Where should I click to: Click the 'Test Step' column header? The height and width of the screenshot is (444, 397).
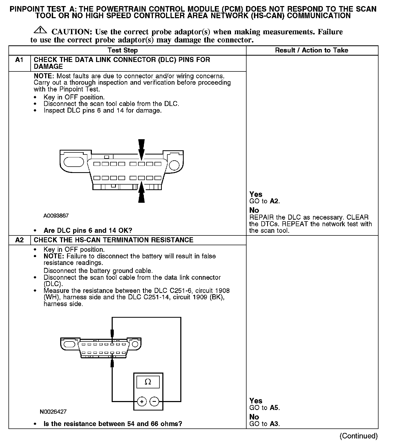pos(122,50)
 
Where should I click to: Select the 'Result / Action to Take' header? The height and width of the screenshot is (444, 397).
pos(311,50)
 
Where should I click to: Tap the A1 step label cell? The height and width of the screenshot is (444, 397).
pos(20,60)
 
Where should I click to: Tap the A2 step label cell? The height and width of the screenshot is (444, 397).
pos(20,240)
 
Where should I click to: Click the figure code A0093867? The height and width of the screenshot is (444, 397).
pos(56,216)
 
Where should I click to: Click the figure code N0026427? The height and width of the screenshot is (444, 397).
pos(53,412)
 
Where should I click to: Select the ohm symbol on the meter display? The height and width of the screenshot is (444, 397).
pos(148,382)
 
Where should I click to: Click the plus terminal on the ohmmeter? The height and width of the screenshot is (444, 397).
pos(142,402)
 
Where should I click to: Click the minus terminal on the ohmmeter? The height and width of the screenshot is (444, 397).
pos(154,402)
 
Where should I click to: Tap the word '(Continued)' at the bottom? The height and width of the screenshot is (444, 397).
pos(358,436)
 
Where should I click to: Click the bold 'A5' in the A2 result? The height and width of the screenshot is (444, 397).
pos(274,408)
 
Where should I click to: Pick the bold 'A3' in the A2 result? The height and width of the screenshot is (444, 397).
pos(274,424)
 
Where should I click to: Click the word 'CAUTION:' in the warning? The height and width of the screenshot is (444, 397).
pos(72,32)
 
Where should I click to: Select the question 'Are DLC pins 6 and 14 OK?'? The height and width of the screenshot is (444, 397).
pos(88,230)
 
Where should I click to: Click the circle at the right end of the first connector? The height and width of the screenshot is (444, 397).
pos(174,165)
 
